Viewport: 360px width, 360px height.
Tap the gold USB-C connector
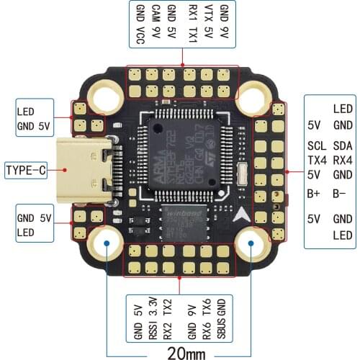[84, 171]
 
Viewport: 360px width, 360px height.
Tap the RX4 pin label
[343, 160]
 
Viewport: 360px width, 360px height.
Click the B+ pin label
[314, 193]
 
